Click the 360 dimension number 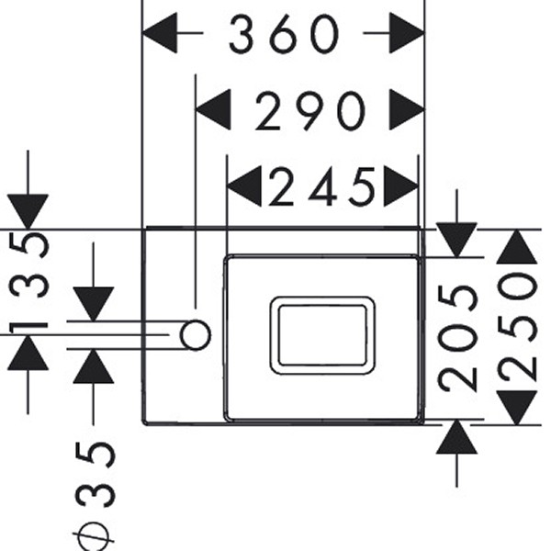coord(284,35)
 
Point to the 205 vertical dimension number coord(457,336)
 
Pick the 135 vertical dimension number coord(28,284)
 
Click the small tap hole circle coord(195,335)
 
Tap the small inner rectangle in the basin coord(321,334)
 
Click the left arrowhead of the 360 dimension coord(162,35)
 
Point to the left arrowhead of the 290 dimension coord(215,112)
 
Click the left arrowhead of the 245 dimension coord(244,187)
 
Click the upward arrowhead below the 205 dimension coord(457,438)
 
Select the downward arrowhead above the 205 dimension coord(457,240)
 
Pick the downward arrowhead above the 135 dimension coord(28,211)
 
